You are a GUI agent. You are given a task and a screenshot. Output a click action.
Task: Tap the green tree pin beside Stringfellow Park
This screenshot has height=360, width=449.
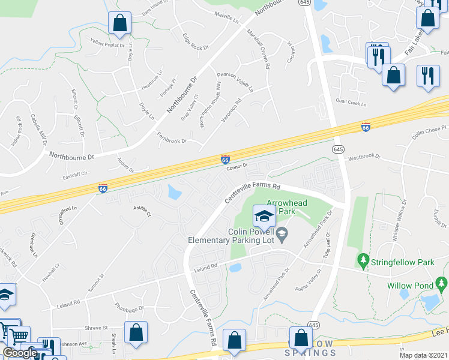pyautogui.click(x=363, y=260)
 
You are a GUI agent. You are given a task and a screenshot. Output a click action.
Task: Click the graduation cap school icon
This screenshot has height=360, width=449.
pyautogui.click(x=264, y=215)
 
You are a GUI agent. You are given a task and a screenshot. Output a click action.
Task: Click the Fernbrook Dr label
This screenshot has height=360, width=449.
pyautogui.click(x=172, y=138)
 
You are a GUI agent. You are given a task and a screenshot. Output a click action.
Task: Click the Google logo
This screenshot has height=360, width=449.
pyautogui.click(x=20, y=353)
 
